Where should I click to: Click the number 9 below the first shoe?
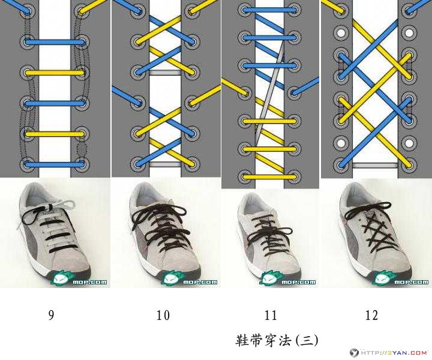pyautogui.click(x=51, y=315)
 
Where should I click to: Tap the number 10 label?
pyautogui.click(x=163, y=315)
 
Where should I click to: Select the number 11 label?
pyautogui.click(x=270, y=315)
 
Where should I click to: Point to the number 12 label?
pyautogui.click(x=371, y=315)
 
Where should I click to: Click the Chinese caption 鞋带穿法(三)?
pyautogui.click(x=277, y=340)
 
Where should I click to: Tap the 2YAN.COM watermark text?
pyautogui.click(x=394, y=353)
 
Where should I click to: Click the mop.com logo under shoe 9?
pyautogui.click(x=79, y=279)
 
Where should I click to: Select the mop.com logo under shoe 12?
pyautogui.click(x=400, y=279)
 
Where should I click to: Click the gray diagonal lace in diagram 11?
pyautogui.click(x=270, y=93)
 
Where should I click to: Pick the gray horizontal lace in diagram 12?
pyautogui.click(x=375, y=165)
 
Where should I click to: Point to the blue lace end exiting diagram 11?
pyautogui.click(x=305, y=86)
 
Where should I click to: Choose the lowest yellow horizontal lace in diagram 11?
pyautogui.click(x=269, y=177)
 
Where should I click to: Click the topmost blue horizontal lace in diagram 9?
pyautogui.click(x=55, y=43)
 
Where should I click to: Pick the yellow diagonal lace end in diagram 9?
pyautogui.click(x=92, y=6)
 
